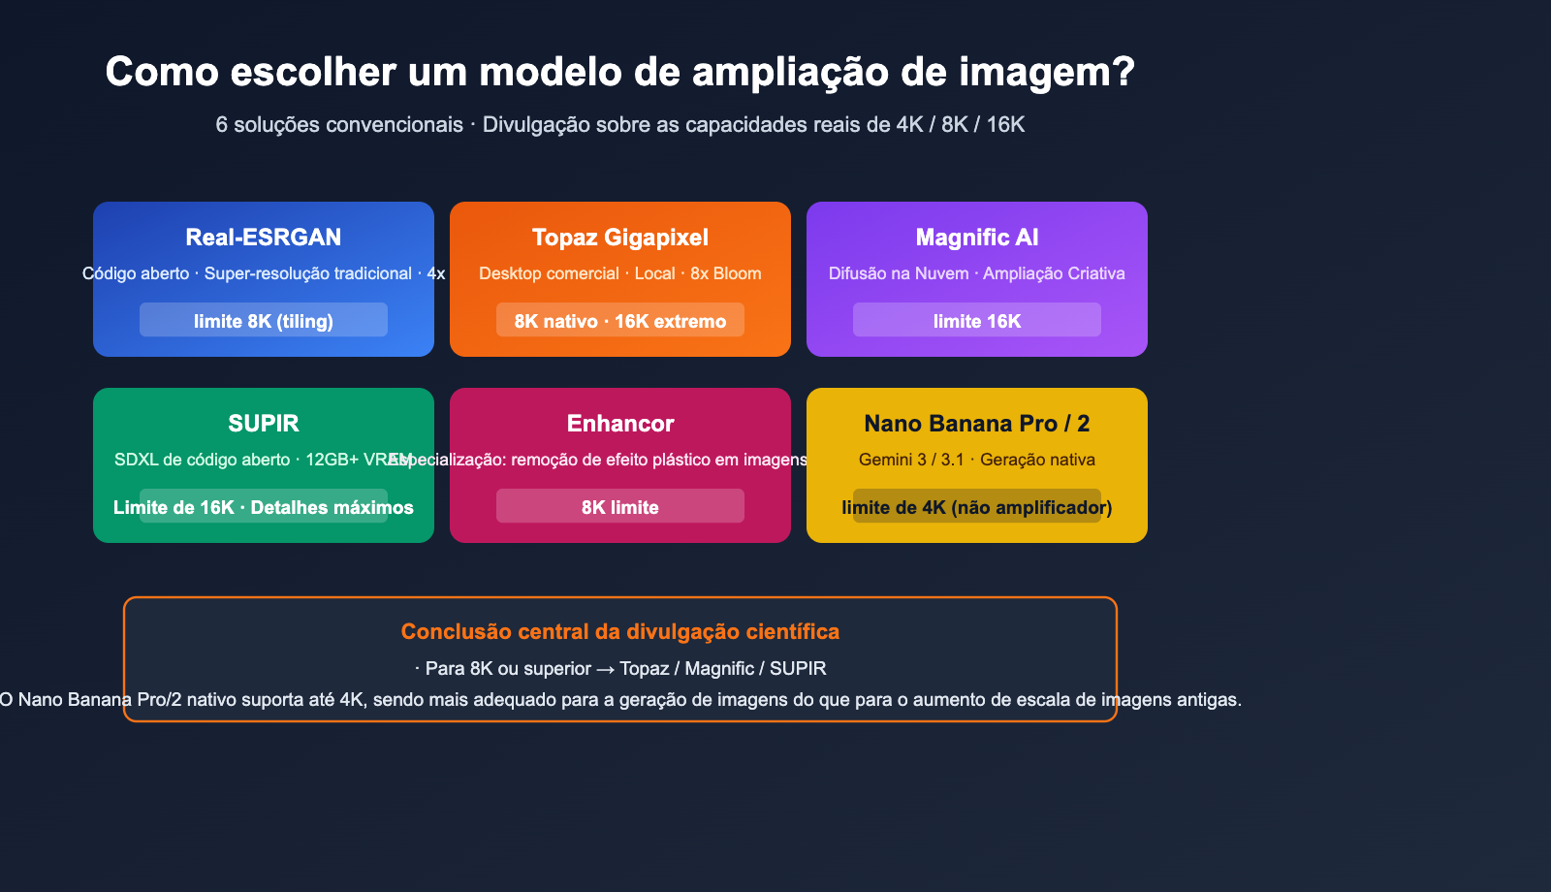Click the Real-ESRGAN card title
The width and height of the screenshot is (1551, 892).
264,238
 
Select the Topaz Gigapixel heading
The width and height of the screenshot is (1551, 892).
620,238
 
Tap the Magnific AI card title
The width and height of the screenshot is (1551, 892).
977,238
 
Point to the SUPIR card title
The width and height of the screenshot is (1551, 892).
264,424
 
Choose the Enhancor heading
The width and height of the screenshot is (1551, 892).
620,424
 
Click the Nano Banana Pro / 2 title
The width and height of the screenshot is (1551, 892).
977,424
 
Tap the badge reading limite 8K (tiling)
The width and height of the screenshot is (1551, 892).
264,321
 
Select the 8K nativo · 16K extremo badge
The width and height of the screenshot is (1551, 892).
620,321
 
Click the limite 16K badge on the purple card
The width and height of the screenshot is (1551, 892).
977,321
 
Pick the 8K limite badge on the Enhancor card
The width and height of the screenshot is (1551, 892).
620,507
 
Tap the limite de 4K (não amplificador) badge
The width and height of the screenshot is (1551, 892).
977,507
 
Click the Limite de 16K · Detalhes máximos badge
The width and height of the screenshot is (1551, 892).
264,507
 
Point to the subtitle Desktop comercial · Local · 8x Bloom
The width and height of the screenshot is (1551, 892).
620,273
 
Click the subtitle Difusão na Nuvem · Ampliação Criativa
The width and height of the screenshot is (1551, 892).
977,273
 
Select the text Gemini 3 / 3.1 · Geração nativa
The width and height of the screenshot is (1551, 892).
977,460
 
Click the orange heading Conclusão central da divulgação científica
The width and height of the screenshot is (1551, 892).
620,632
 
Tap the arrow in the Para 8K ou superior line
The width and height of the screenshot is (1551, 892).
605,669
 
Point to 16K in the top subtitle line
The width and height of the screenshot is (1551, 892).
1005,125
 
